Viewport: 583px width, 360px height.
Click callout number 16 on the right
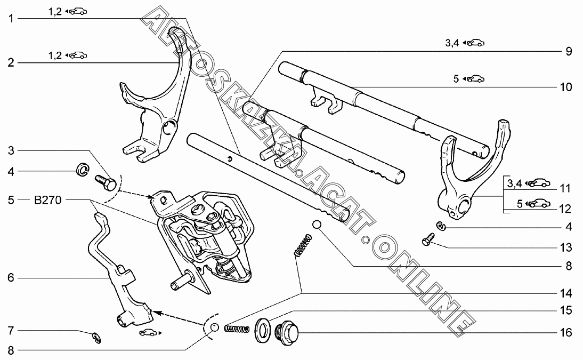click(566, 333)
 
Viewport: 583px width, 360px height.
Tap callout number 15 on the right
click(566, 309)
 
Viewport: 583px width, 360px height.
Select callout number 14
click(566, 293)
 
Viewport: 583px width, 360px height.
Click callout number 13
click(566, 248)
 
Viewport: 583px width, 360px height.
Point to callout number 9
click(568, 52)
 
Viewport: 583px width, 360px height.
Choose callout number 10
click(566, 87)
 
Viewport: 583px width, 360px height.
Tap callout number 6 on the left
click(10, 277)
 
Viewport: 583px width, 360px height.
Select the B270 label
click(48, 201)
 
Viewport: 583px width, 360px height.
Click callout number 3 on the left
click(10, 150)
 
